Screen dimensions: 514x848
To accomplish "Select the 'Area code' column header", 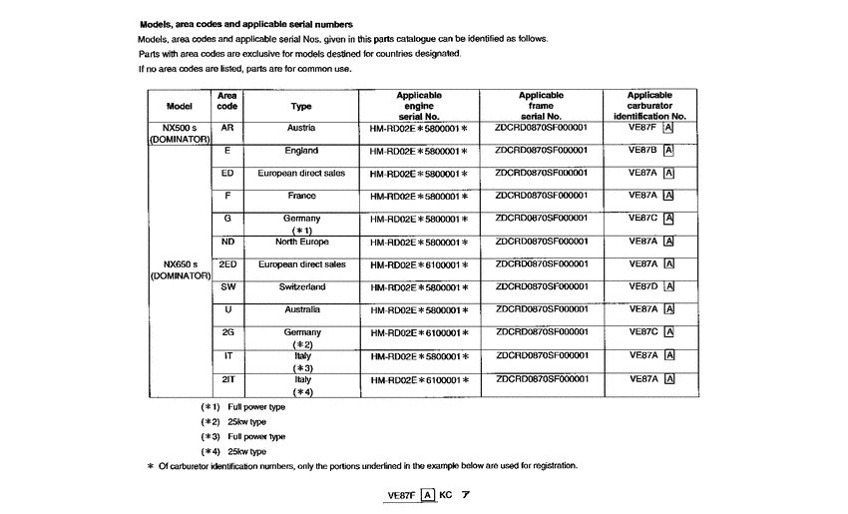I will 226,100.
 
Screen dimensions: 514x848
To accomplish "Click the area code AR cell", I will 226,129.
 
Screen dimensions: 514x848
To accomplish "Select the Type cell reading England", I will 301,152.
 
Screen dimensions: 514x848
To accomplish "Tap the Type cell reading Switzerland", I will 301,287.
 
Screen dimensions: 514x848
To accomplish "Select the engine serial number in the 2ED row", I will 419,265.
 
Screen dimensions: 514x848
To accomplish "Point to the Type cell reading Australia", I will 301,309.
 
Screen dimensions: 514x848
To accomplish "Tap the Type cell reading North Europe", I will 301,242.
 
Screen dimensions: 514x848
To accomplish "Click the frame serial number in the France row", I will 541,196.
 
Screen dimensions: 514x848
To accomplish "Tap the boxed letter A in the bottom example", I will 428,494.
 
